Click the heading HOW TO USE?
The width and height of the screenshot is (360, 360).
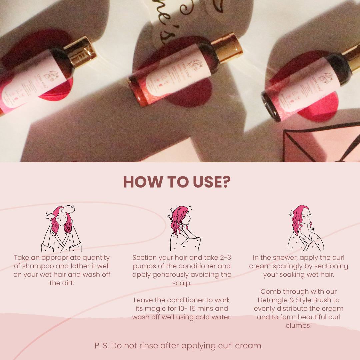tap(177, 182)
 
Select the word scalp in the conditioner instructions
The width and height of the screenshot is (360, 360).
tap(182, 283)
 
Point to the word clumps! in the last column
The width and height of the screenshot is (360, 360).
tap(298, 325)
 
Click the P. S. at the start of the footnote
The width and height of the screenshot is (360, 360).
tap(102, 346)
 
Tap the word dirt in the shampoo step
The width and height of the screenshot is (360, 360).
tap(67, 283)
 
